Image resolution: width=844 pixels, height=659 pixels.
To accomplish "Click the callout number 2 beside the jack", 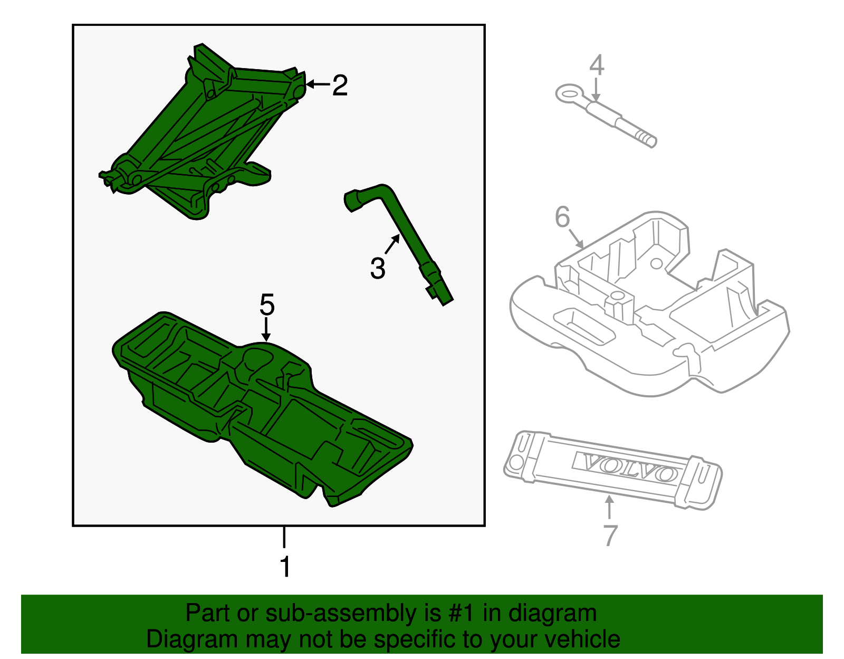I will click(x=340, y=85).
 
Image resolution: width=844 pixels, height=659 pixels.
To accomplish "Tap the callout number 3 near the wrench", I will click(x=378, y=268).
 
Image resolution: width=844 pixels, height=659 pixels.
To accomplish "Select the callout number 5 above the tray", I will click(x=267, y=305).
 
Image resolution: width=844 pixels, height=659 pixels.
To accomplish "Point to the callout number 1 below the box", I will click(x=285, y=567).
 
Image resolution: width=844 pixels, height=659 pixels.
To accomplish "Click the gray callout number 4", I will click(x=596, y=65).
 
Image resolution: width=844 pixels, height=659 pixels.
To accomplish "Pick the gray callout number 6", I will click(x=562, y=217).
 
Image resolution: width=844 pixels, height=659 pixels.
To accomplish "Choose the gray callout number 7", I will click(x=610, y=536).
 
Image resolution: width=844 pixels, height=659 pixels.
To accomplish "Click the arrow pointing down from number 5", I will click(x=267, y=330).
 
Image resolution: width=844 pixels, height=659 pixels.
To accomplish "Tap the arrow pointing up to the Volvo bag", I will click(x=610, y=507).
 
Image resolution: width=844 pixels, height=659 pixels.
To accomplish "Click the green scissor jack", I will click(x=200, y=132).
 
